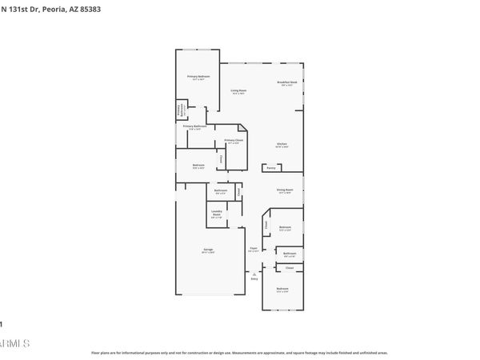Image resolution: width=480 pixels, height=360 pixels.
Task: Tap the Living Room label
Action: pyautogui.click(x=238, y=90)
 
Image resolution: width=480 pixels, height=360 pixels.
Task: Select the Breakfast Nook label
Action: pyautogui.click(x=287, y=82)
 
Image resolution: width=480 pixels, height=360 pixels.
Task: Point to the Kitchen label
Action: pyautogui.click(x=282, y=143)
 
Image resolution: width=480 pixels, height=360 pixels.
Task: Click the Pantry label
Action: pyautogui.click(x=271, y=169)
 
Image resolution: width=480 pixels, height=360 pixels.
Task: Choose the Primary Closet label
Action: pyautogui.click(x=234, y=140)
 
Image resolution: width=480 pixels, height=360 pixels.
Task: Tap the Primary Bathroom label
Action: pyautogui.click(x=194, y=126)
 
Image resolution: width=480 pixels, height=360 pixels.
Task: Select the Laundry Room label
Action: pyautogui.click(x=216, y=212)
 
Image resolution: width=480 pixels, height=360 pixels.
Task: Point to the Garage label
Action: pyautogui.click(x=207, y=250)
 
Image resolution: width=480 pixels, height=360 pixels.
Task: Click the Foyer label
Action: pyautogui.click(x=253, y=249)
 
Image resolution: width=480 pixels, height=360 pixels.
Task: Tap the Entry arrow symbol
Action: pyautogui.click(x=254, y=274)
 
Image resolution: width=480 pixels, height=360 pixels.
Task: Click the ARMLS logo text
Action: pyautogui.click(x=15, y=343)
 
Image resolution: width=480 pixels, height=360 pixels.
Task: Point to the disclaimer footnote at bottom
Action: pyautogui.click(x=239, y=352)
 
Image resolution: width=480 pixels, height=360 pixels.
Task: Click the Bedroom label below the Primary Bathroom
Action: pyautogui.click(x=198, y=166)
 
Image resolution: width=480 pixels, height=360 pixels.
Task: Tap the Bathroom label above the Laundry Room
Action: pyautogui.click(x=221, y=190)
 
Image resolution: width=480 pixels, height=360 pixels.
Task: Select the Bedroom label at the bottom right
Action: pyautogui.click(x=282, y=288)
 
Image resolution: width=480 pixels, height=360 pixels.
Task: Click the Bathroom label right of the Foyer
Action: pyautogui.click(x=290, y=253)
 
